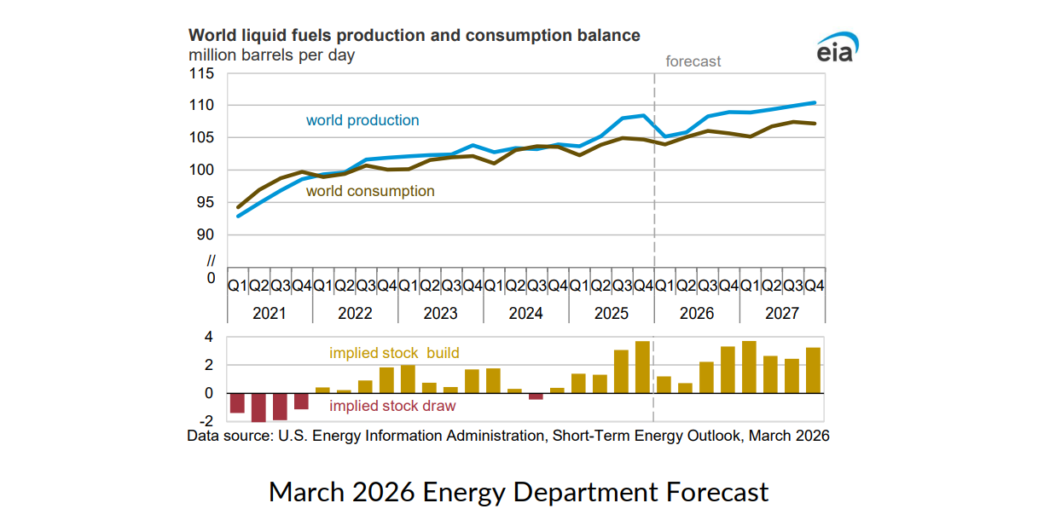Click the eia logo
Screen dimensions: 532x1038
836,49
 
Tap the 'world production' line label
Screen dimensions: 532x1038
362,120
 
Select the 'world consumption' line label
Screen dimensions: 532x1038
370,191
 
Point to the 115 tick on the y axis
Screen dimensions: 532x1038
202,73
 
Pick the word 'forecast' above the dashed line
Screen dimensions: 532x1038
693,61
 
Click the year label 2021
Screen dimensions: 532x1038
270,313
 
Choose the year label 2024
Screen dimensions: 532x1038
525,313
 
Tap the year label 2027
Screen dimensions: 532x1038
781,313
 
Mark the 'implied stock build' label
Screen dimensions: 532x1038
394,352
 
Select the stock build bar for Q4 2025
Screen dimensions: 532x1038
643,367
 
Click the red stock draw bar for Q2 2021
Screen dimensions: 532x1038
258,408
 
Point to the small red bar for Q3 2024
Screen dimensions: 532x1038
536,396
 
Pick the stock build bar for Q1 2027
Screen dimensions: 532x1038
749,367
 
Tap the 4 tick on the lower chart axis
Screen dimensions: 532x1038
207,338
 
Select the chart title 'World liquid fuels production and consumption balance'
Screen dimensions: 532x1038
414,36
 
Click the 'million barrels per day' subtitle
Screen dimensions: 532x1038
271,55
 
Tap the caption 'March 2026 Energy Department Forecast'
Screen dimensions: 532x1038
519,492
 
